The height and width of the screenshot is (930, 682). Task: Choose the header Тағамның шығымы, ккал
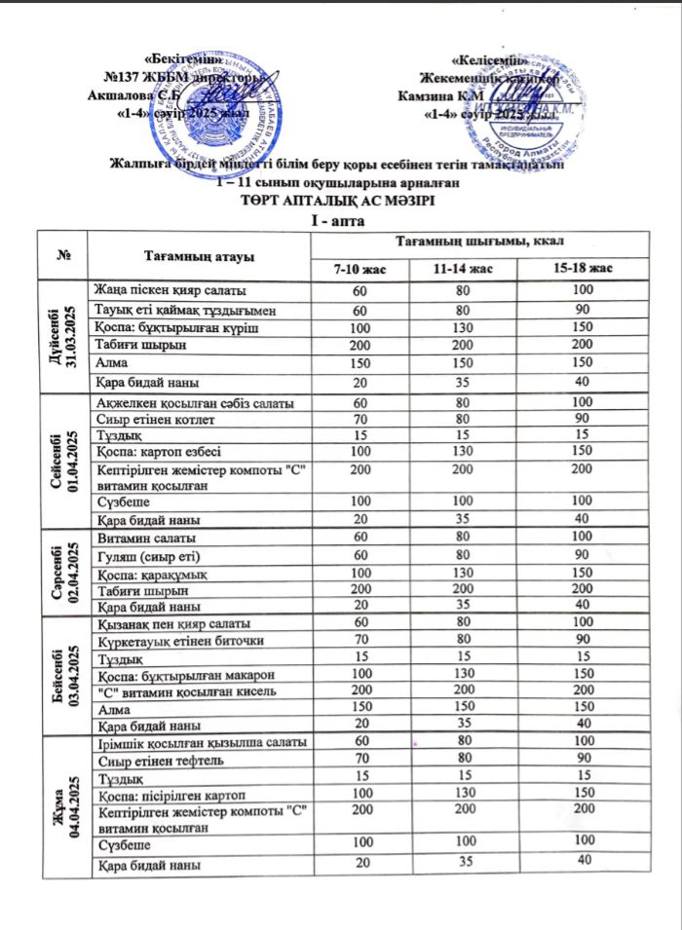point(482,241)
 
